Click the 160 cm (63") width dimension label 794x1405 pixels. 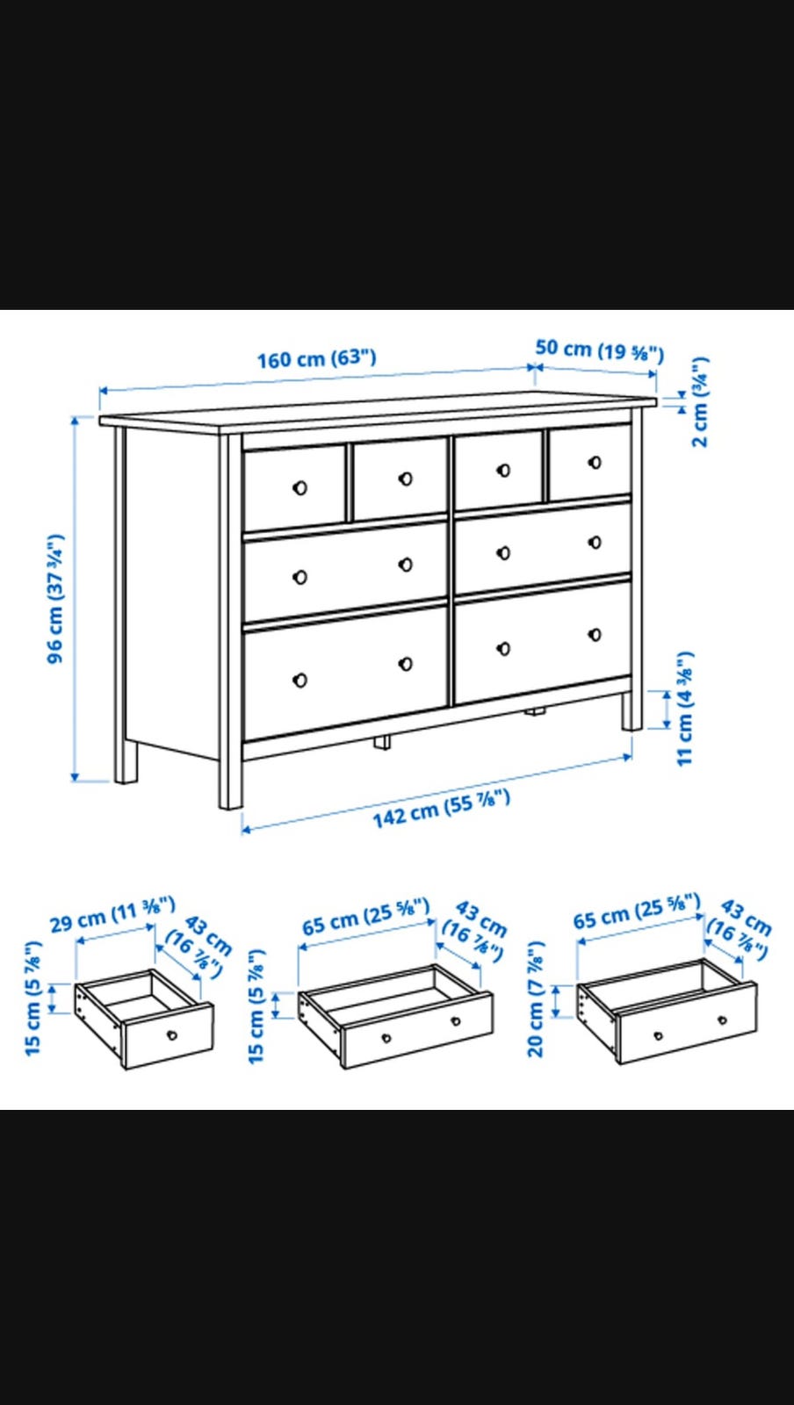[317, 359]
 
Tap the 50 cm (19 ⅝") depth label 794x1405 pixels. [599, 350]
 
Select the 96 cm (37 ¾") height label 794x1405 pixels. [56, 598]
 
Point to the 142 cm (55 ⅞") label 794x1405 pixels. [442, 809]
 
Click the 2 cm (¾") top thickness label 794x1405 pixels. [699, 401]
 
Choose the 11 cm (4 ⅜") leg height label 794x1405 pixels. [685, 708]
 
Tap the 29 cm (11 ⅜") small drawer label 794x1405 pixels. [112, 914]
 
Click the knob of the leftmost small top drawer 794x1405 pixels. [300, 488]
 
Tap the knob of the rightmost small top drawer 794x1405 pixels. [595, 462]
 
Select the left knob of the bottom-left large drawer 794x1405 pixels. [300, 680]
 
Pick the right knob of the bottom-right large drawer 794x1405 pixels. [595, 635]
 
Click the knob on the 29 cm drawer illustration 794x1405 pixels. [172, 1035]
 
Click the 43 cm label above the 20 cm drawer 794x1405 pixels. [746, 918]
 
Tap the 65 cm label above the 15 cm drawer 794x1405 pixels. [365, 917]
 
